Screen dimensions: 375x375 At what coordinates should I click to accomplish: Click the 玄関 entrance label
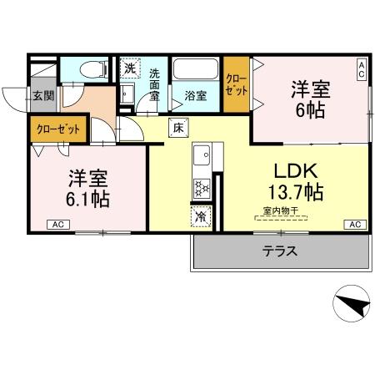coord(42,95)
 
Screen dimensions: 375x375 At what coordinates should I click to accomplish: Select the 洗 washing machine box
coord(129,68)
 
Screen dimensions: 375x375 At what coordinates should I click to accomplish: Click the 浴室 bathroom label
coord(196,95)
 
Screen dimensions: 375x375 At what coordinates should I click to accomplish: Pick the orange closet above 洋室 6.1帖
coord(57,129)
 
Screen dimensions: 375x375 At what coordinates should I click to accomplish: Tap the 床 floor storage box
coord(177,128)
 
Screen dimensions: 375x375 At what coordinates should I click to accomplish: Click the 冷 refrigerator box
coord(200,215)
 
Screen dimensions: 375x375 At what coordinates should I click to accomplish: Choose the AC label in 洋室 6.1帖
coord(58,224)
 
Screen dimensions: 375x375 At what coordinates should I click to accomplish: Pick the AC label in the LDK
coord(354,224)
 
